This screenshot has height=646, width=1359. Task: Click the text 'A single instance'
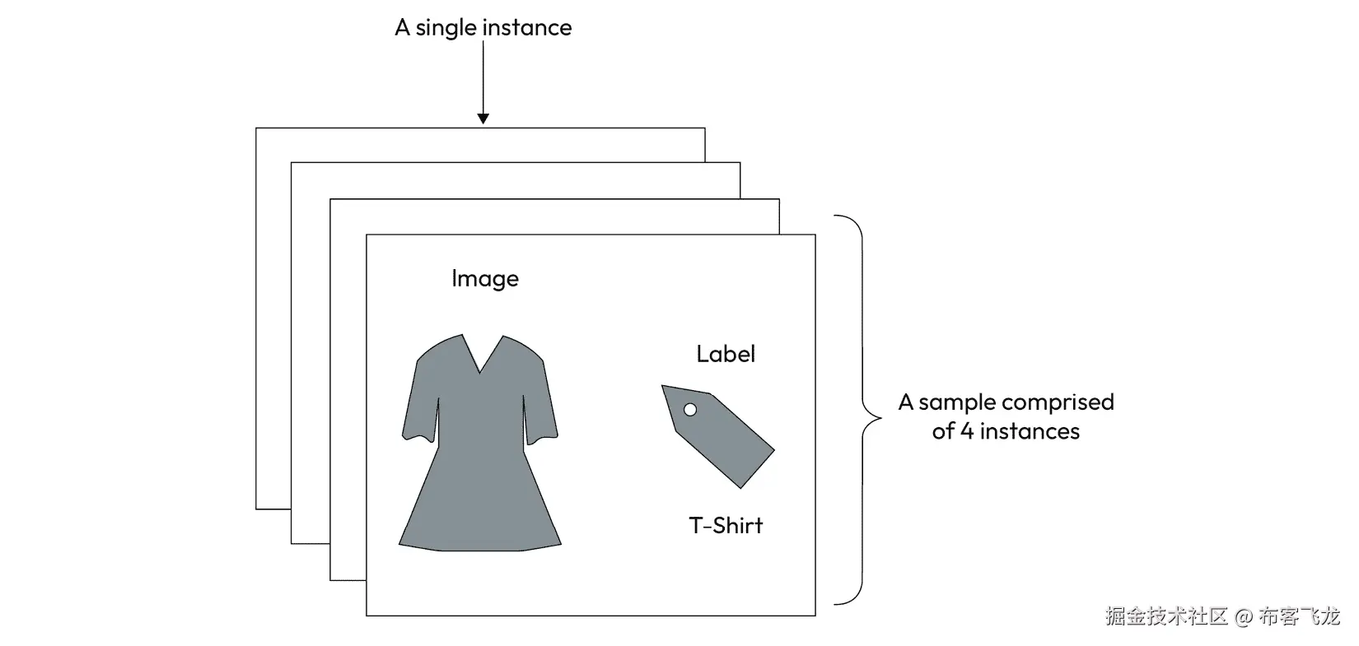tap(483, 28)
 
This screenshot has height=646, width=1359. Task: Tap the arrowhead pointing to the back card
tap(483, 119)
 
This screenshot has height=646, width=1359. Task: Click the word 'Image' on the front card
tap(485, 279)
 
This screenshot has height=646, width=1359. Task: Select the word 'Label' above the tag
tap(726, 354)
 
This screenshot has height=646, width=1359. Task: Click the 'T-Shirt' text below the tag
tap(726, 525)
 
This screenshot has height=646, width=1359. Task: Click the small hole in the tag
tap(690, 410)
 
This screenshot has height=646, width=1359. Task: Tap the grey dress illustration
tap(480, 461)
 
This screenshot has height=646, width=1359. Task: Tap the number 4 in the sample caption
tap(967, 431)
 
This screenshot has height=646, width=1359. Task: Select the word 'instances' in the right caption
tap(1030, 431)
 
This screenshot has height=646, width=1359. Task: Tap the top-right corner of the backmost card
tap(704, 128)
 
